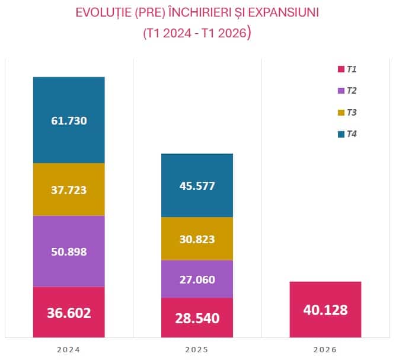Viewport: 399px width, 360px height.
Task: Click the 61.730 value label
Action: (69, 120)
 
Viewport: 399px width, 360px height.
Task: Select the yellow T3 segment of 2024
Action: (69, 189)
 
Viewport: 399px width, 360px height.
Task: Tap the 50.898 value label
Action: (69, 252)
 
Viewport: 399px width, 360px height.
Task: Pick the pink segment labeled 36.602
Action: (69, 312)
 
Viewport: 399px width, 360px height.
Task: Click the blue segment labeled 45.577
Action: (197, 186)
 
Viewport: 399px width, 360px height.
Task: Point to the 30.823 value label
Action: (197, 240)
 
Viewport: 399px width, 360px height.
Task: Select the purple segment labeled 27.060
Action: (197, 279)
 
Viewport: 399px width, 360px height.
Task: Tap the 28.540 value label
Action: (197, 318)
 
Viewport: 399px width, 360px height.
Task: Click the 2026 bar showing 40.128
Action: (325, 310)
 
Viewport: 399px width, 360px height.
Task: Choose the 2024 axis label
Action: (68, 350)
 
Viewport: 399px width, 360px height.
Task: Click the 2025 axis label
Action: (197, 350)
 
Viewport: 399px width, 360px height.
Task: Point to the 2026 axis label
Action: (325, 350)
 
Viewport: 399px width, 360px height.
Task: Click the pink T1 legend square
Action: (341, 69)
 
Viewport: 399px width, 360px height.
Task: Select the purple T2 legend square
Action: (341, 91)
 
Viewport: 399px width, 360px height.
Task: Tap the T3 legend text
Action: (352, 112)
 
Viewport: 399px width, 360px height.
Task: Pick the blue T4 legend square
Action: (341, 134)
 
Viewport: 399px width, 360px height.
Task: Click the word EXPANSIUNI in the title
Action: (283, 12)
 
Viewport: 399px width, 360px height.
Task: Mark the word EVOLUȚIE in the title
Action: (104, 13)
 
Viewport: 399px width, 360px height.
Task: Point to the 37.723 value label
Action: (69, 190)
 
